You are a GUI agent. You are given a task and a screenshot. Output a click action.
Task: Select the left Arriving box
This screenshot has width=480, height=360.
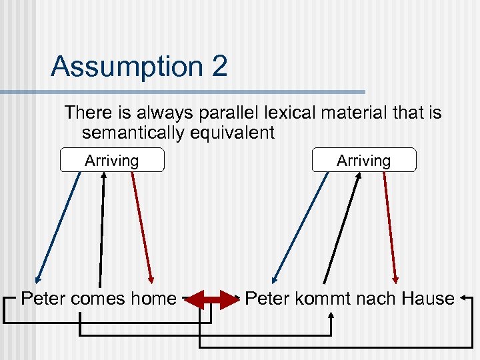111,161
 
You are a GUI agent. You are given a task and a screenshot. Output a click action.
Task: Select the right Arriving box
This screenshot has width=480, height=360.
363,161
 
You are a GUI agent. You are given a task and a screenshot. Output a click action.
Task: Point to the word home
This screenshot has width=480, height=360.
153,299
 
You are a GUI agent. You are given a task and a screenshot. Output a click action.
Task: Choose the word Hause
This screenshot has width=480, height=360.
428,299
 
